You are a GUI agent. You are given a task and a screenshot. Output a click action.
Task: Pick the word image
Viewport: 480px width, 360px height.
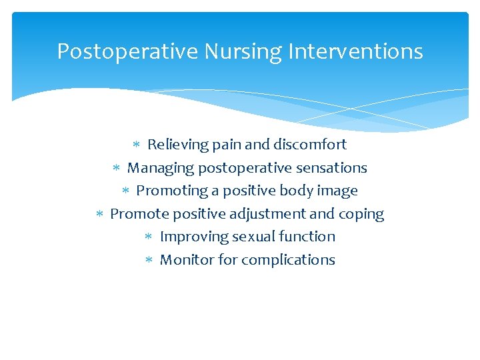337,191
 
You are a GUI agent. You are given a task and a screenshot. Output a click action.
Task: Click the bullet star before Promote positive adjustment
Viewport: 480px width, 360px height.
99,214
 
